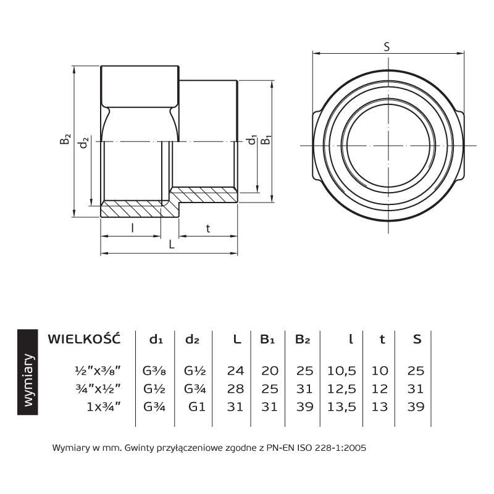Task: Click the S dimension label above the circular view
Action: [x=387, y=47]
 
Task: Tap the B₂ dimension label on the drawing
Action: [x=65, y=139]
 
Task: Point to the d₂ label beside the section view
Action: [x=83, y=143]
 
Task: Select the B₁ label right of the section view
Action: [x=267, y=140]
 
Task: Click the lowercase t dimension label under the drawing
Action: [x=208, y=228]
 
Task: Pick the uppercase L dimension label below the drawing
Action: [x=172, y=244]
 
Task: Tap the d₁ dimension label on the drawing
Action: [x=253, y=140]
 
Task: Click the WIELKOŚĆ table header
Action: [x=84, y=338]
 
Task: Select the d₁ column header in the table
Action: [x=156, y=339]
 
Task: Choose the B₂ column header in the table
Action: [x=303, y=339]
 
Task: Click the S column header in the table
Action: [x=417, y=339]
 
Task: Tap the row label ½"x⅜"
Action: [x=98, y=370]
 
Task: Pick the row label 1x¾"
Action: [x=104, y=407]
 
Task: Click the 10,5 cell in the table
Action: [x=341, y=371]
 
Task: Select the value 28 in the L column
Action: [x=235, y=389]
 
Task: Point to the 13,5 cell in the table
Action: [x=341, y=407]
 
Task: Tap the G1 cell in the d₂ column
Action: [x=197, y=407]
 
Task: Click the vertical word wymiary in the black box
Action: [x=28, y=380]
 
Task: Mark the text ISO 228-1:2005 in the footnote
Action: [x=332, y=448]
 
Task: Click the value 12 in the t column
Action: [x=379, y=389]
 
